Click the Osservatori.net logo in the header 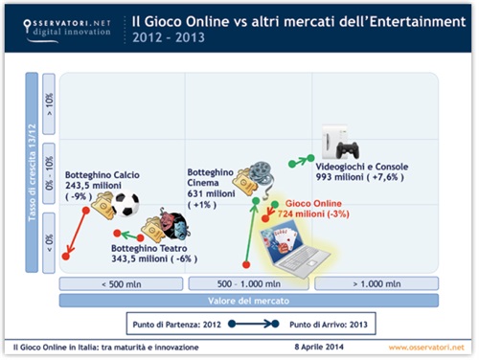pyautogui.click(x=59, y=25)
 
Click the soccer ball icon pyautogui.click(x=125, y=204)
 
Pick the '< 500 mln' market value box pyautogui.click(x=122, y=283)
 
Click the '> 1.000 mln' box pyautogui.click(x=377, y=283)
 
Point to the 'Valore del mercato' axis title pyautogui.click(x=249, y=301)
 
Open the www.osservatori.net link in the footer pyautogui.click(x=426, y=346)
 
